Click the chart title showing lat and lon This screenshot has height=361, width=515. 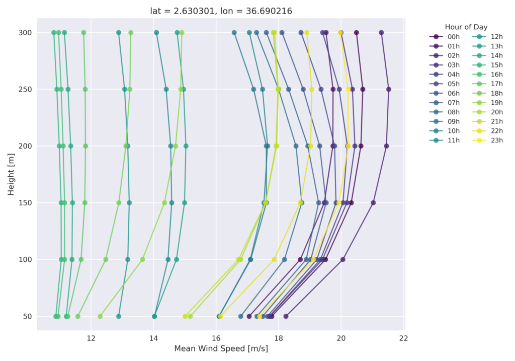[221, 11]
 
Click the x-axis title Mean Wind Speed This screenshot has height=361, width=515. [221, 348]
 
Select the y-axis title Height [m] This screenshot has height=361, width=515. [11, 174]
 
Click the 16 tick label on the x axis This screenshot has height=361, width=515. [216, 337]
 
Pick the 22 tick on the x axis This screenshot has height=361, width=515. [403, 337]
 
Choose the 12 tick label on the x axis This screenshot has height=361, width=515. [91, 337]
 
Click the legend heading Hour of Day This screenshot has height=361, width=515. [466, 27]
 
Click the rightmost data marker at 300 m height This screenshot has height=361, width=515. [381, 33]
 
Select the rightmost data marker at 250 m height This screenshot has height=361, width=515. [388, 89]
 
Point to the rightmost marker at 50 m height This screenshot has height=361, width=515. [286, 316]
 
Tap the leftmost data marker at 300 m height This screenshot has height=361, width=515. [54, 33]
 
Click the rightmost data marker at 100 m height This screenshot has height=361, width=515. [342, 259]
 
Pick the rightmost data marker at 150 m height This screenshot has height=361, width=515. [373, 203]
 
